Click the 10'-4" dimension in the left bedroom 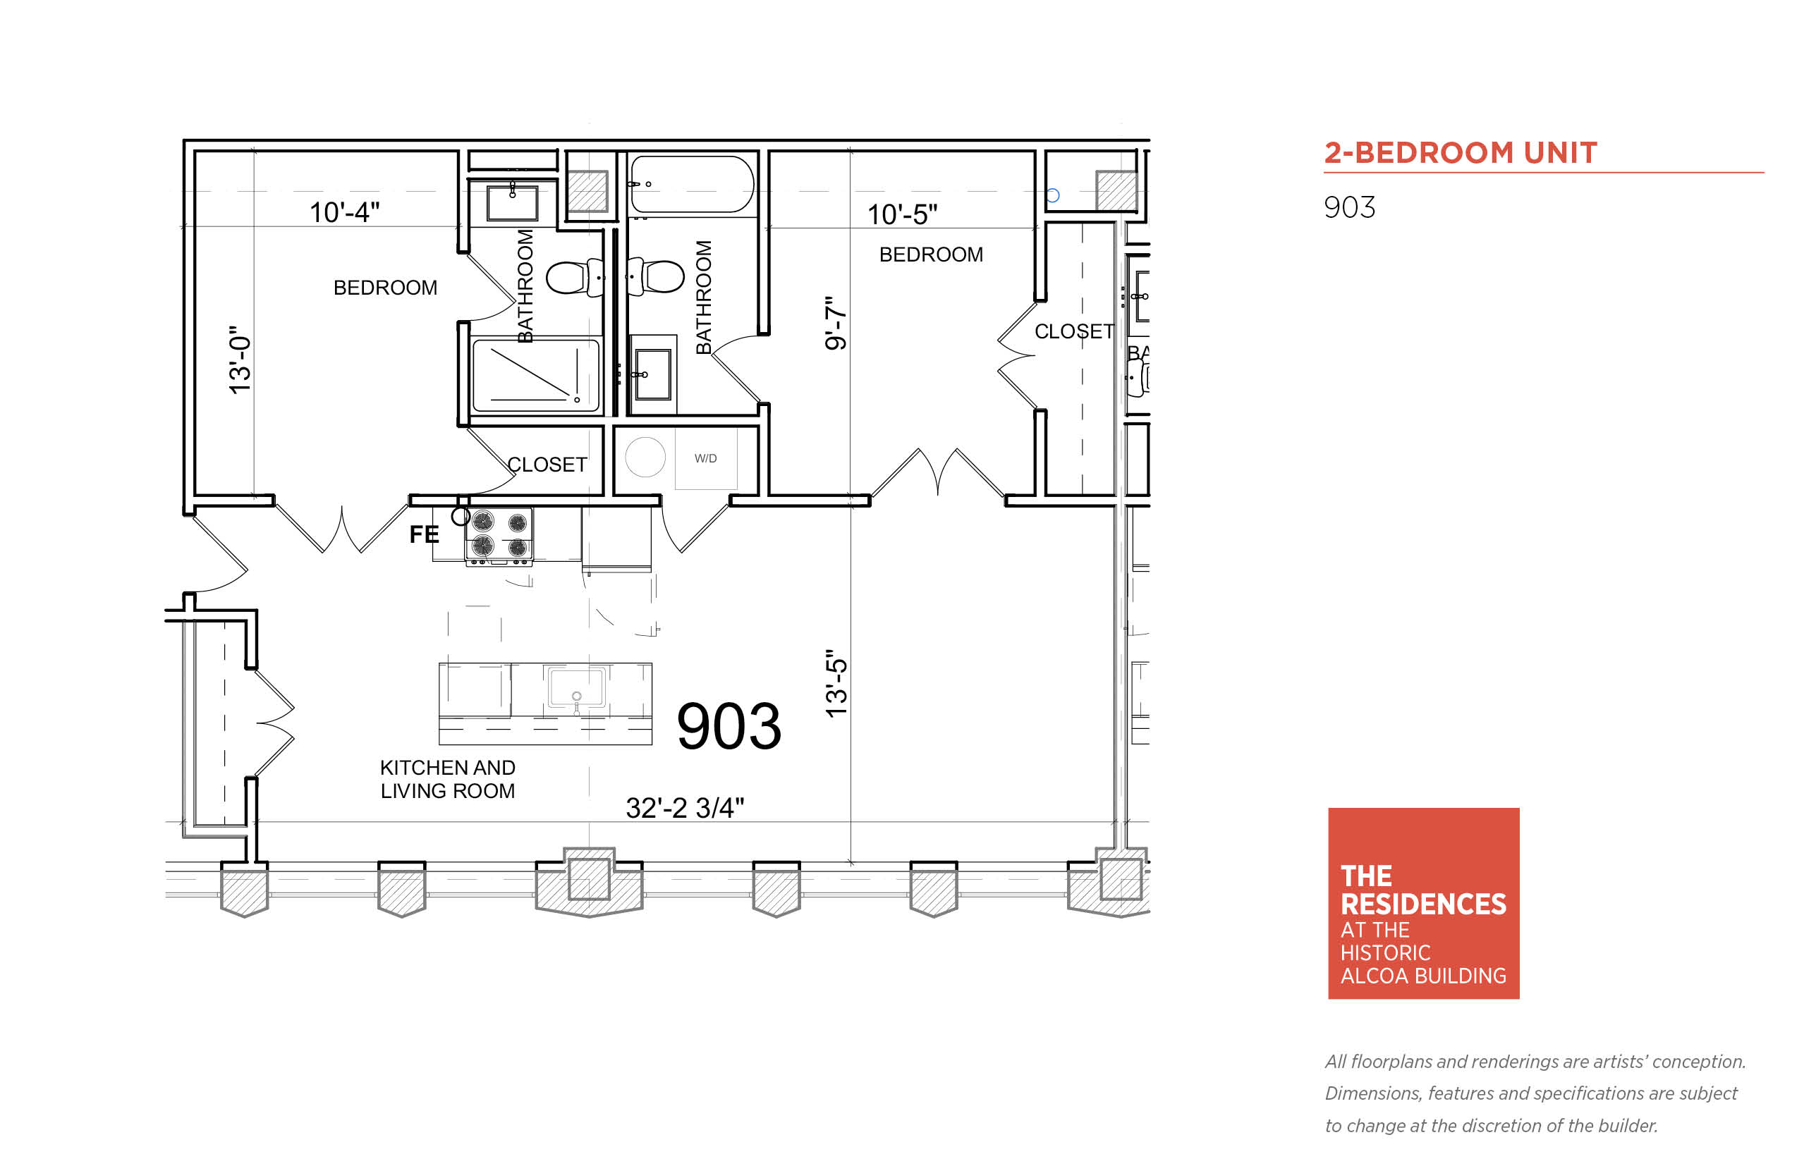pos(344,212)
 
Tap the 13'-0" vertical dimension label pos(240,360)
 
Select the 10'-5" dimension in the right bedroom pos(902,214)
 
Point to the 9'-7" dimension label pos(835,324)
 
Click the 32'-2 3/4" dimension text pos(685,808)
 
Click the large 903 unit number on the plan pos(729,726)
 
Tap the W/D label pos(705,458)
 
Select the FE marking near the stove pos(423,534)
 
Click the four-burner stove pos(499,536)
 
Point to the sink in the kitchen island pos(576,687)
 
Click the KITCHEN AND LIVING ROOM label pos(448,779)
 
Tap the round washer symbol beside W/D pos(645,458)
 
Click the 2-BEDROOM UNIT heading pos(1460,153)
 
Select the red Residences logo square pos(1423,903)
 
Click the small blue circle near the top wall pos(1052,195)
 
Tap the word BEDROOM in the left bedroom pos(385,288)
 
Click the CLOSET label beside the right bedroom pos(1074,331)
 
